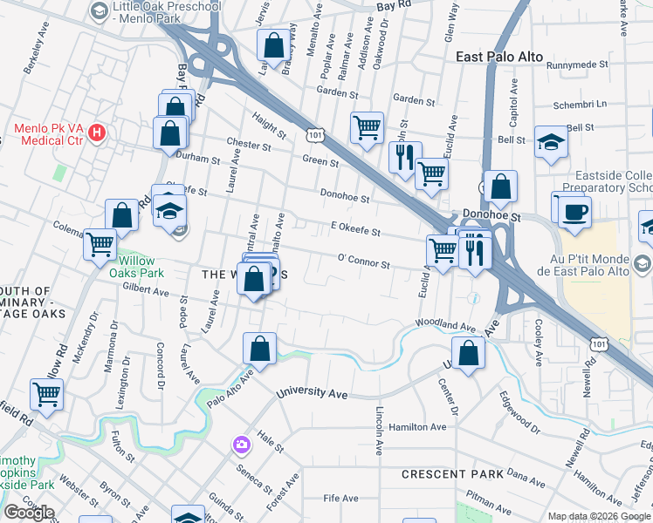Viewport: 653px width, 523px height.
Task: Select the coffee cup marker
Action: click(574, 213)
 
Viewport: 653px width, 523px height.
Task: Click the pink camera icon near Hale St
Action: click(241, 445)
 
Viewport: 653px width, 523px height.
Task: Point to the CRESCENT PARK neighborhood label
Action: click(452, 474)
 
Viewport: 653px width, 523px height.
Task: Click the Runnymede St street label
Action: click(576, 65)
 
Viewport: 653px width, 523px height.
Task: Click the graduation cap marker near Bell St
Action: click(550, 143)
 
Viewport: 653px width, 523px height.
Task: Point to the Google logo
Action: click(29, 513)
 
